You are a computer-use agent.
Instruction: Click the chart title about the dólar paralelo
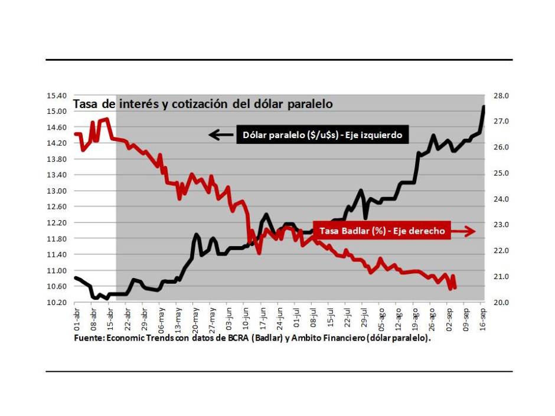tap(203, 104)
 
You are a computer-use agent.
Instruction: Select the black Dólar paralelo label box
tap(322, 135)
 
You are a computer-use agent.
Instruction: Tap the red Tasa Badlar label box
tap(381, 231)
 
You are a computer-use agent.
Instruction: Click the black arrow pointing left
tap(221, 135)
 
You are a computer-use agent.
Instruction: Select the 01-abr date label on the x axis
tap(77, 319)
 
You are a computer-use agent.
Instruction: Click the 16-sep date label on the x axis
tap(482, 319)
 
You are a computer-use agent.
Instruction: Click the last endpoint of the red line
tap(455, 287)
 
